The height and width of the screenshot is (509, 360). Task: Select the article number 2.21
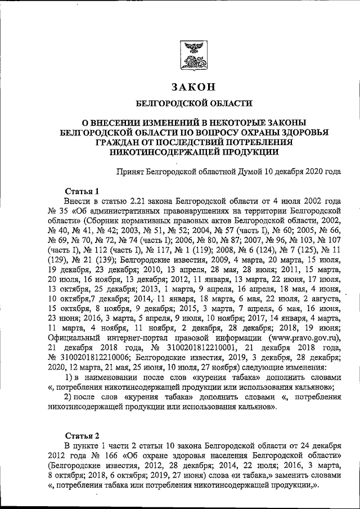(139, 201)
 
